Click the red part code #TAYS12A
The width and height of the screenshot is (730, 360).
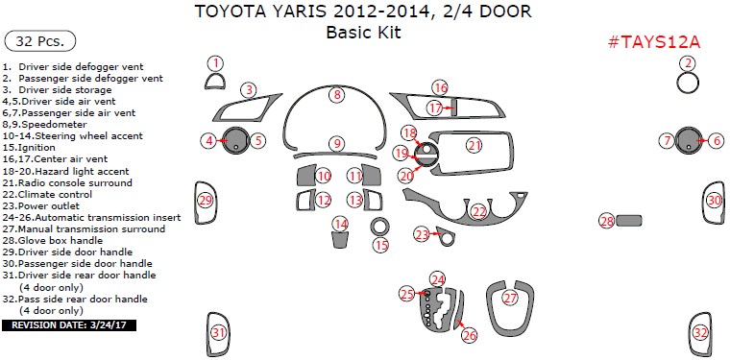point(655,42)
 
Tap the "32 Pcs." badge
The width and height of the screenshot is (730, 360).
point(40,41)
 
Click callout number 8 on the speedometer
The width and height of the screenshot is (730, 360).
point(337,94)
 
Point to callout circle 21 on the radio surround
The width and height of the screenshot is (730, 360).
point(474,145)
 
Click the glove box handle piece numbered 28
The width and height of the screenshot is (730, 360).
point(629,221)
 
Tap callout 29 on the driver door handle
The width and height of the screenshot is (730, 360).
point(205,200)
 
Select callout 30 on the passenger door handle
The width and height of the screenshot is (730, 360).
point(714,200)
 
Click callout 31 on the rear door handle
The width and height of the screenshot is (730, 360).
point(219,333)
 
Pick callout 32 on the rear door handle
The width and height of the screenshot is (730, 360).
point(701,333)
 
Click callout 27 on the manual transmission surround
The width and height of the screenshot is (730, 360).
point(510,298)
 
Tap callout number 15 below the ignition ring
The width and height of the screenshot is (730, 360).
point(381,246)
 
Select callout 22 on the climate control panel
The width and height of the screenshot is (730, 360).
point(478,211)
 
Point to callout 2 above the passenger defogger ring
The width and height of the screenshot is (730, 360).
point(688,63)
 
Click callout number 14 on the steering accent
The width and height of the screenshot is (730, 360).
point(340,224)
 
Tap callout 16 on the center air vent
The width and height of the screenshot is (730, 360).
point(440,87)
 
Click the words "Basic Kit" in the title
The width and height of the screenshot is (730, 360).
point(363,32)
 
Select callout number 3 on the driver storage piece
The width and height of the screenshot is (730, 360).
point(249,90)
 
